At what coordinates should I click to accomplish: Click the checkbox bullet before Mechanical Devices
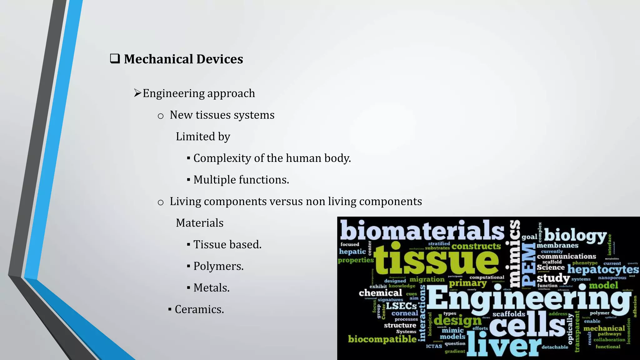115,59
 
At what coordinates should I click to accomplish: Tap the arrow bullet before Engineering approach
137,93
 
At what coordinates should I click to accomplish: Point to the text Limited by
203,137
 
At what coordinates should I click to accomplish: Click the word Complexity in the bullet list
222,158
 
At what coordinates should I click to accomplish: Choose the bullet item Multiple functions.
241,180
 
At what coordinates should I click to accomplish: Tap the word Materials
199,223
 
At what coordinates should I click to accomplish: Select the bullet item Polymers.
218,266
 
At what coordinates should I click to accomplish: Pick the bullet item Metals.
211,287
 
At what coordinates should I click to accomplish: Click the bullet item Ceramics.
199,309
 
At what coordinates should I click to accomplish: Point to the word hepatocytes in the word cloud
603,269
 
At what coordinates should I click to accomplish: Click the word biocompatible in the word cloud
382,339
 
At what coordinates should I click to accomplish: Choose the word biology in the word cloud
575,235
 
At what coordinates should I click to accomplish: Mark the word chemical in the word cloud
380,293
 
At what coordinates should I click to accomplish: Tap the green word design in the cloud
457,320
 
